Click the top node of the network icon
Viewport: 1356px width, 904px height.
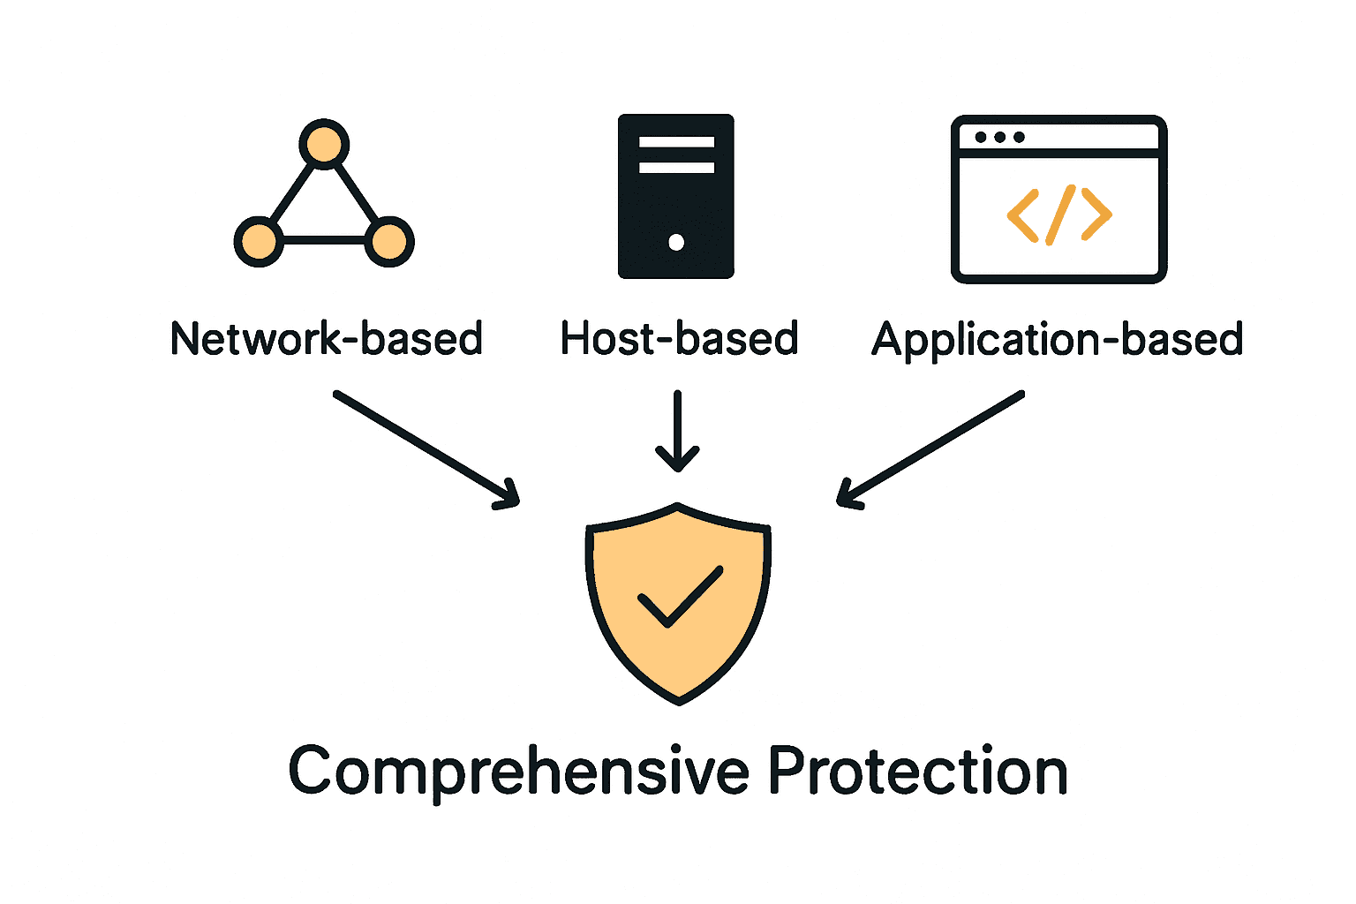324,144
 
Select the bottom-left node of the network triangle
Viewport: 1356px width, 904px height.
259,241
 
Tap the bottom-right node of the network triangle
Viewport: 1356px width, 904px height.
389,241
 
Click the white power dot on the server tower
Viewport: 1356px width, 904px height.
676,242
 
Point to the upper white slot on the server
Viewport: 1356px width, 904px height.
676,142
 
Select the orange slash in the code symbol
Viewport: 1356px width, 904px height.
1059,215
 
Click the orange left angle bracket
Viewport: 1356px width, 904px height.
1023,215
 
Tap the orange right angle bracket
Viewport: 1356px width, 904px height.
1096,215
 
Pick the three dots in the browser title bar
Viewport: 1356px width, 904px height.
999,137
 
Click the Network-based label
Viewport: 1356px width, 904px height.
327,339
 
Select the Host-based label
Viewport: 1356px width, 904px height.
679,339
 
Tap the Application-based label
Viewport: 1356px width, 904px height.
1058,339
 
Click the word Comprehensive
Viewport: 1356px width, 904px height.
518,772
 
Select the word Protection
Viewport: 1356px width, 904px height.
917,772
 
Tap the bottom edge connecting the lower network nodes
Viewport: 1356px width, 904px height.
324,240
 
